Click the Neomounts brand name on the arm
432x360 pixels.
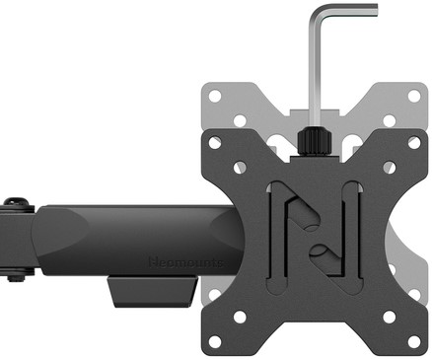[184, 261]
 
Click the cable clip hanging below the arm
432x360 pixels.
[148, 292]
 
